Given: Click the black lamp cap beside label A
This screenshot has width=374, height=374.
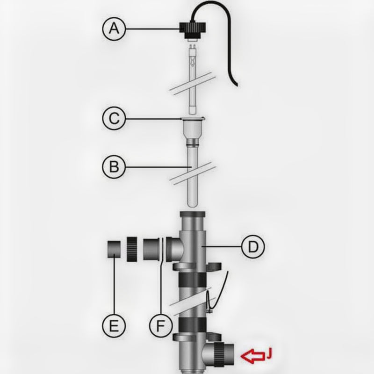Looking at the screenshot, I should tap(191, 29).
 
